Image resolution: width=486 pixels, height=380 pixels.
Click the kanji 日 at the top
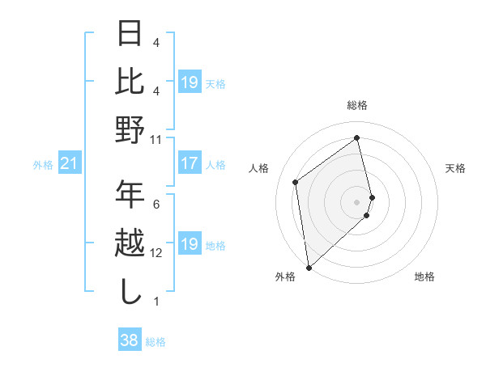pyautogui.click(x=130, y=33)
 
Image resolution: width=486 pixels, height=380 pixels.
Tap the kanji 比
pyautogui.click(x=130, y=82)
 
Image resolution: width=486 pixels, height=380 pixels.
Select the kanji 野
pyautogui.click(x=130, y=130)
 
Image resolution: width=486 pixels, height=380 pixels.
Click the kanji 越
pyautogui.click(x=130, y=243)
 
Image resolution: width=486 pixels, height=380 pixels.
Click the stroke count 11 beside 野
pyautogui.click(x=156, y=139)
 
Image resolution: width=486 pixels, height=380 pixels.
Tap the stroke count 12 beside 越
pyautogui.click(x=156, y=253)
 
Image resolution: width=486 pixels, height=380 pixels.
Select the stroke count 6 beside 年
pyautogui.click(x=156, y=204)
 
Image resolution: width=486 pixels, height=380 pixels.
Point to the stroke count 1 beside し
pyautogui.click(x=156, y=302)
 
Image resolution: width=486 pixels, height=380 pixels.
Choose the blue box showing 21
pyautogui.click(x=70, y=164)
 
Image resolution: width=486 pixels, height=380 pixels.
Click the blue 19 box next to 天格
pyautogui.click(x=190, y=82)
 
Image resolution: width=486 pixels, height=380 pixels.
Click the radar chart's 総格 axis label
pyautogui.click(x=356, y=106)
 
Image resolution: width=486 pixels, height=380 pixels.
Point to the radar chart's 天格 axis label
pyautogui.click(x=455, y=168)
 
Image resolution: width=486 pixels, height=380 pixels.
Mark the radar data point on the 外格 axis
pyautogui.click(x=309, y=266)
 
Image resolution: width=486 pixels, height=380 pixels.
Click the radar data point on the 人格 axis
pyautogui.click(x=296, y=182)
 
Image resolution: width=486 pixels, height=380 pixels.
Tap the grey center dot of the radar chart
pyautogui.click(x=356, y=201)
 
